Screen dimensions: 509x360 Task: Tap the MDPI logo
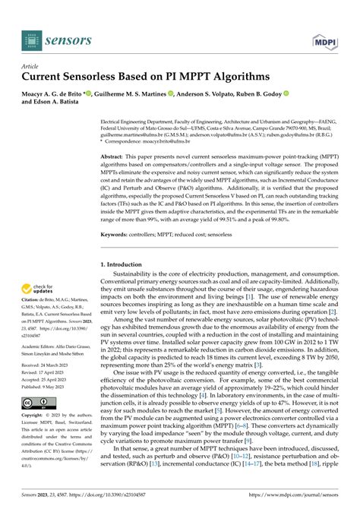point(324,36)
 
